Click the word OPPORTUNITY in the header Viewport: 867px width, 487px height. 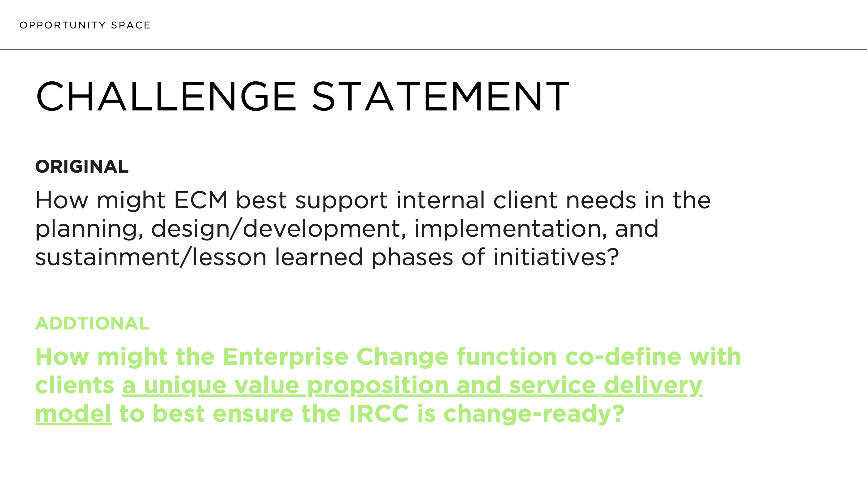pos(63,25)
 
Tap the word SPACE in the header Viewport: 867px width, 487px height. pos(131,25)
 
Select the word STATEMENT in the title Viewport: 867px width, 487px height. pos(441,97)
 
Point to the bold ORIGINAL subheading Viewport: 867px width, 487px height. pos(82,167)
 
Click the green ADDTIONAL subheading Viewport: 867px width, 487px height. pos(92,324)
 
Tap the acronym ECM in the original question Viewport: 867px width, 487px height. pos(201,200)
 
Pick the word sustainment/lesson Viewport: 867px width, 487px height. pos(151,258)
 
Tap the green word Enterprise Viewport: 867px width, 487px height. pos(285,357)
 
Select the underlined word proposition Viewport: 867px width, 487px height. pos(378,386)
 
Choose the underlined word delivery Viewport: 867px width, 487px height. pos(653,386)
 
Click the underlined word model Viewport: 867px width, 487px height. pos(73,414)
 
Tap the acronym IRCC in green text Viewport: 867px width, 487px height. pos(379,414)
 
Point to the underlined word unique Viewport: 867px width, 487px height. pos(185,386)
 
